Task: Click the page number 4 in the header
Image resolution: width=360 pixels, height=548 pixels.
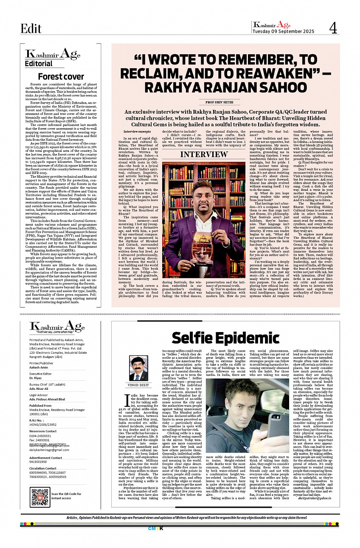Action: click(x=333, y=28)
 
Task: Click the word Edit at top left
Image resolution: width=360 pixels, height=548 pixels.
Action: click(x=31, y=28)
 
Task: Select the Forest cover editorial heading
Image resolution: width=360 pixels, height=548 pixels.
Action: click(x=61, y=77)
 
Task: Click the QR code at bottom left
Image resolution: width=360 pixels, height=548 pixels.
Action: click(x=40, y=497)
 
